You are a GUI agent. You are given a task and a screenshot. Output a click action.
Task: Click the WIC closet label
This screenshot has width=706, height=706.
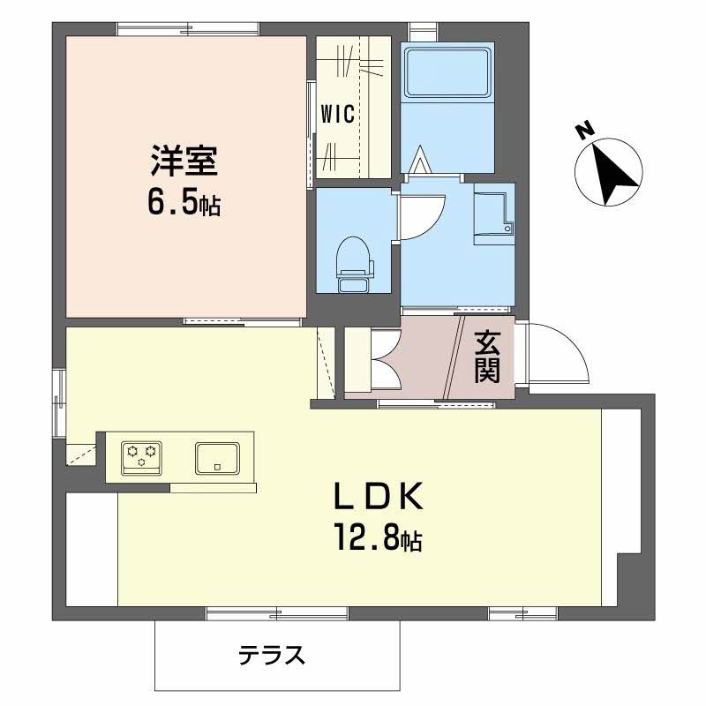coord(337,114)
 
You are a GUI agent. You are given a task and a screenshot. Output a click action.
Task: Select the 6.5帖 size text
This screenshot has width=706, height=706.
coord(183,205)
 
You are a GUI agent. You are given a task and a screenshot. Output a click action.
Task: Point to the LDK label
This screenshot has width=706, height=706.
coord(377,499)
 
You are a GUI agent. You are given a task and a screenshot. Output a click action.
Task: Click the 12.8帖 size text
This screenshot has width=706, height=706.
coord(377,538)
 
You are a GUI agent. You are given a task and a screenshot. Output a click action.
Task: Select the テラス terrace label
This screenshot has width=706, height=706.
coord(272,655)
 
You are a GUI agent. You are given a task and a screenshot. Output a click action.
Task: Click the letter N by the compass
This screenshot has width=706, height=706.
coord(583,131)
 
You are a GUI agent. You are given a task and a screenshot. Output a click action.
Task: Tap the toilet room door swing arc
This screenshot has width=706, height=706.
coord(423,216)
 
